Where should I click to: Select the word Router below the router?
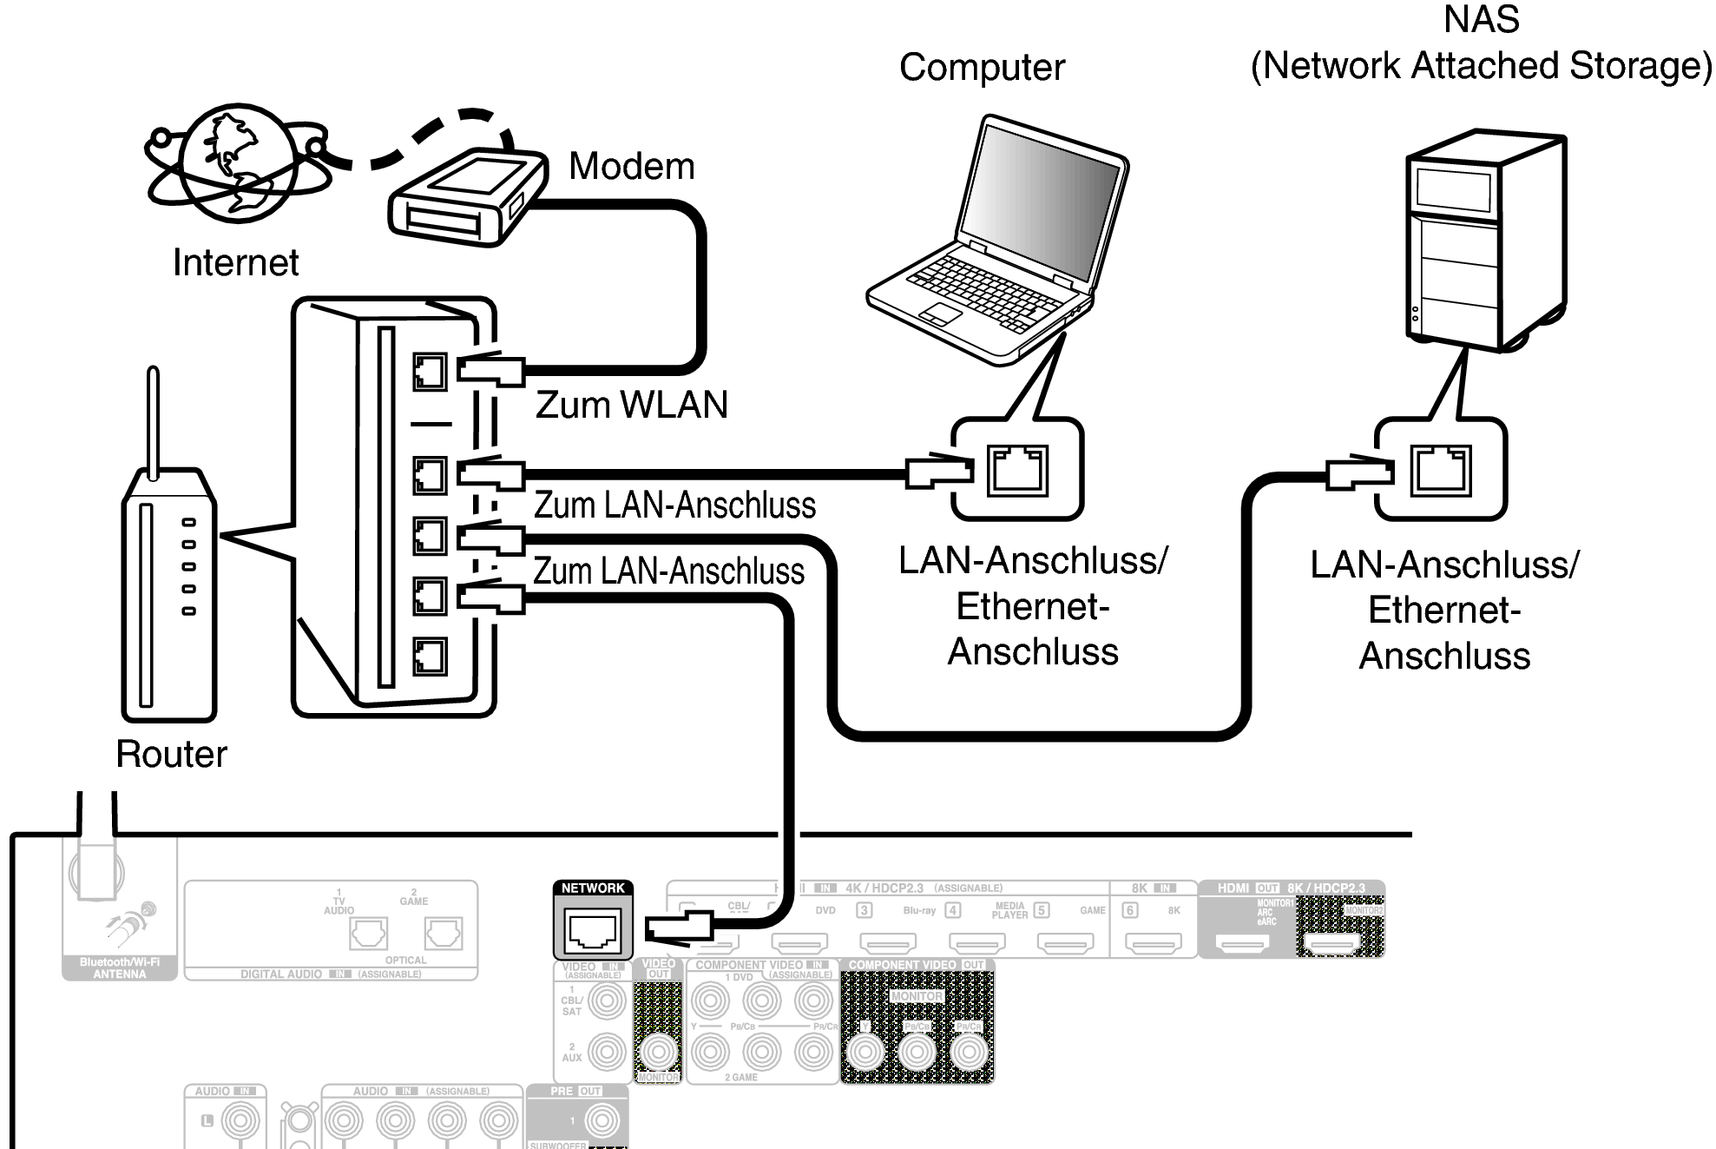point(171,754)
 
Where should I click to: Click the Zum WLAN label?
point(631,405)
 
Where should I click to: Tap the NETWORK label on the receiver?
point(593,888)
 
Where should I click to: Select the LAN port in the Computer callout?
point(1017,470)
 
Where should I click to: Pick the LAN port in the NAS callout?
point(1440,470)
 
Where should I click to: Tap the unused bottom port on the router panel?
point(430,657)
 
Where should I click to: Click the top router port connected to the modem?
point(430,372)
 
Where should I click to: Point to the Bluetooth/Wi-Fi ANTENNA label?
point(120,968)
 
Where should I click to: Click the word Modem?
point(631,166)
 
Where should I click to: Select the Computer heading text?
point(982,68)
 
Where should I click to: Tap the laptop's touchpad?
point(940,314)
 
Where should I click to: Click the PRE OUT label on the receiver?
point(575,1092)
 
